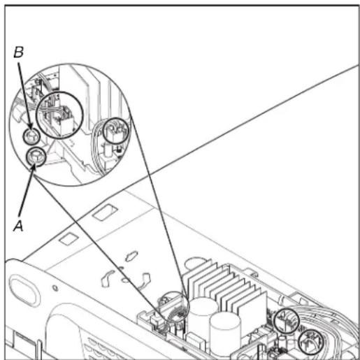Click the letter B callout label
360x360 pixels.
click(19, 52)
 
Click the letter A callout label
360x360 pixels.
click(18, 226)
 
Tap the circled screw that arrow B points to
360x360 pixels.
click(31, 136)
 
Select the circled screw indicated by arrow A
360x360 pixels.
click(36, 157)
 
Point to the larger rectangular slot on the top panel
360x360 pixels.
click(105, 212)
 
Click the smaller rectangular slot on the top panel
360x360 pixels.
click(69, 239)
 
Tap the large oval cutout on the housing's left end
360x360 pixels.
click(24, 290)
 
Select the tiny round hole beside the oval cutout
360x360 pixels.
click(55, 288)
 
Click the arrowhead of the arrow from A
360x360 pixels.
click(34, 168)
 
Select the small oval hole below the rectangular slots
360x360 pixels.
click(131, 256)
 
